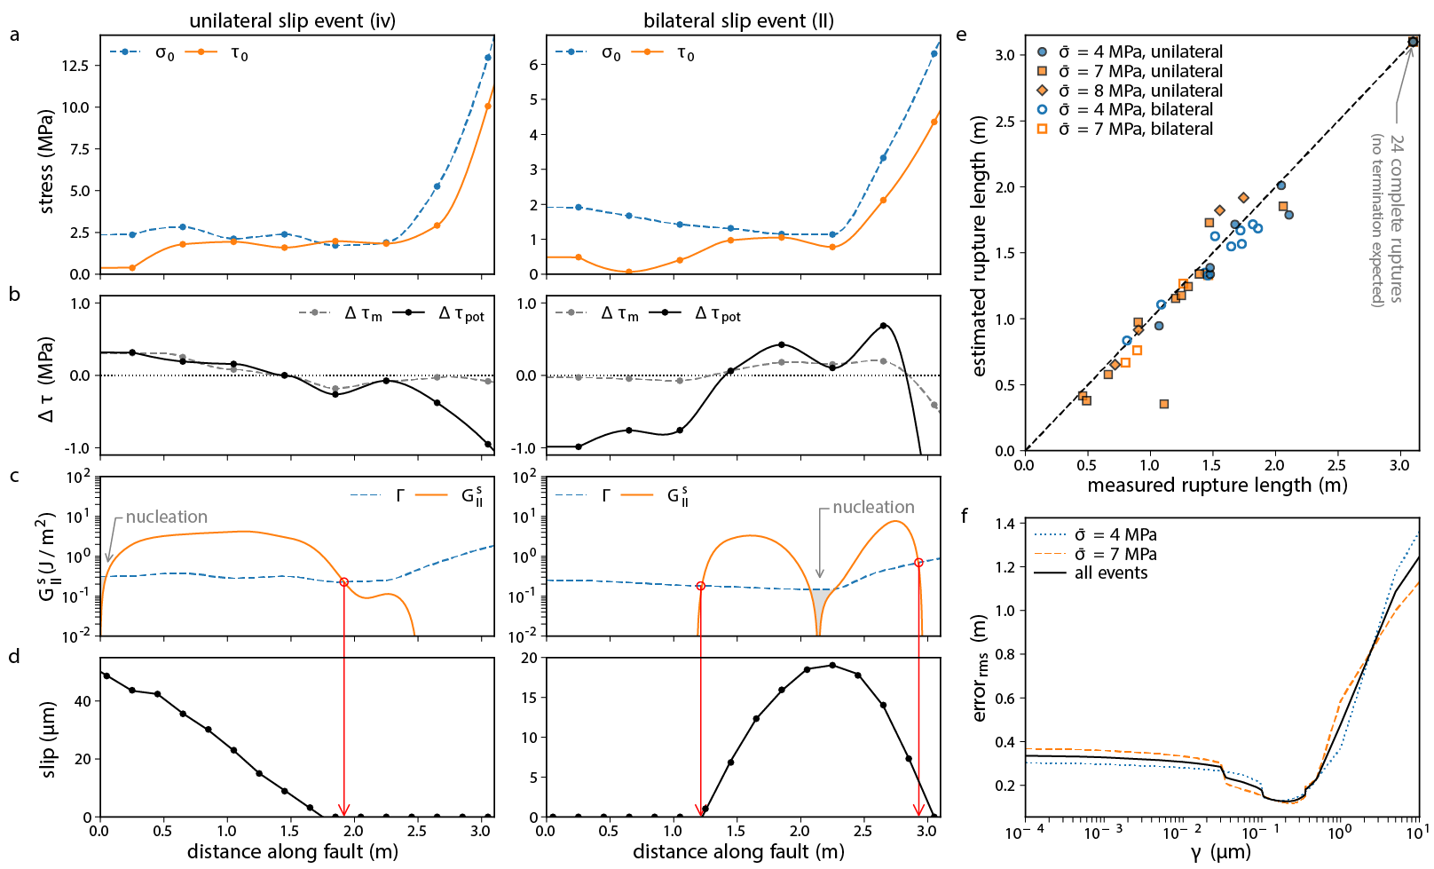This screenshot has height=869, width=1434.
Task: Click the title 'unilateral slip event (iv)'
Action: (x=292, y=20)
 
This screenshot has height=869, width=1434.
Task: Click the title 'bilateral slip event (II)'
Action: (x=738, y=20)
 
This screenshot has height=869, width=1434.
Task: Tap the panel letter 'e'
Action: (x=961, y=36)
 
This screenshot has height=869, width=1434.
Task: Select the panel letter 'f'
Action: (x=965, y=516)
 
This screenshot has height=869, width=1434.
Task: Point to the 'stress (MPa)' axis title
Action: (x=46, y=162)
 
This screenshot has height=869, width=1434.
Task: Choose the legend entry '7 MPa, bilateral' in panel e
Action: (x=1135, y=129)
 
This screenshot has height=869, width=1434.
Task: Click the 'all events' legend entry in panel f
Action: (x=1110, y=573)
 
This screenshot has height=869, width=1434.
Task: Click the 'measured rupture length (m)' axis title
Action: (x=1217, y=486)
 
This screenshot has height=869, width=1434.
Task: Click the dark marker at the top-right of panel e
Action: (x=1413, y=42)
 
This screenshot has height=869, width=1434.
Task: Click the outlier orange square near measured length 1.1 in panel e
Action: (x=1163, y=404)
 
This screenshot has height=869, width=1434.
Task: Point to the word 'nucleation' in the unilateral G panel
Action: (x=166, y=517)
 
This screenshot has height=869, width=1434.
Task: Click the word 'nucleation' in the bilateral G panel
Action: (x=873, y=507)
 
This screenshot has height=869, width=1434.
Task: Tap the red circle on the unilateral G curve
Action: (x=343, y=582)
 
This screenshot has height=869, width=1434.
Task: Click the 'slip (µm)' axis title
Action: (x=49, y=739)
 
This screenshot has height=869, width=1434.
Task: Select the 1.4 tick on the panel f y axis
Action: (x=1003, y=524)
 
